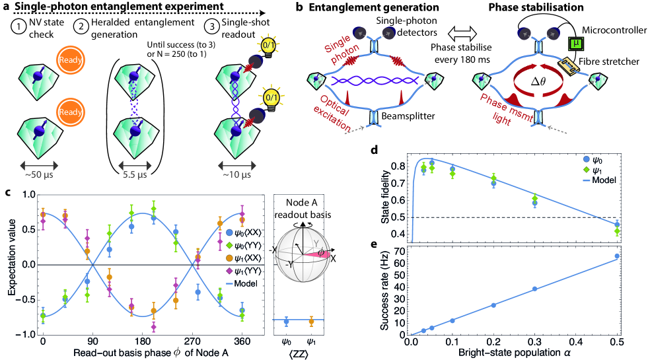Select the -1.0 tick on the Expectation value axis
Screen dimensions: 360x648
[x=26, y=335]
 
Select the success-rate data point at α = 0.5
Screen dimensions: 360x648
[x=617, y=256]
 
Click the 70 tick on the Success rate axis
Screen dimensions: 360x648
[x=400, y=252]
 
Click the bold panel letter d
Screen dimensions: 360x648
[x=375, y=151]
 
